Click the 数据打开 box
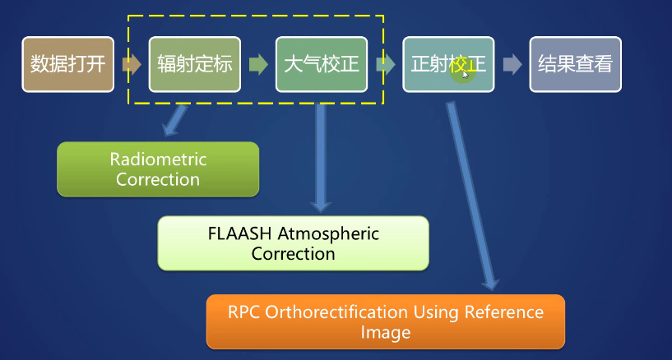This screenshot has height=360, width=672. tap(67, 64)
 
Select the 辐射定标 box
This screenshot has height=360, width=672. tap(194, 64)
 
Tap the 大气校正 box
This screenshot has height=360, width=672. tap(321, 64)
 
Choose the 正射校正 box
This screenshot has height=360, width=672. tap(447, 64)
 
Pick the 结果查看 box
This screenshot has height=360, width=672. tap(575, 64)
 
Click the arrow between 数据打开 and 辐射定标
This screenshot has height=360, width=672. tap(131, 64)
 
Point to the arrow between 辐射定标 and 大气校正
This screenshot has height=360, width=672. tap(257, 64)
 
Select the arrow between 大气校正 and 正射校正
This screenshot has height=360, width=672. tap(384, 64)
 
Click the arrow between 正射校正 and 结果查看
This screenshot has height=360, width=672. tap(512, 64)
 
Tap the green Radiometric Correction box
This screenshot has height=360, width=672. tap(158, 168)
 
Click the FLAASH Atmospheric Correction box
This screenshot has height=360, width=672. tap(293, 243)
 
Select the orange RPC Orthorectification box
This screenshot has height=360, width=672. tap(385, 321)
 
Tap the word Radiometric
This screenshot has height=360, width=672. tap(158, 159)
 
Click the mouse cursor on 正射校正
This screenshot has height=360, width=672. tap(466, 74)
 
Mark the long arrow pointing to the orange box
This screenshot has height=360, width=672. tap(471, 197)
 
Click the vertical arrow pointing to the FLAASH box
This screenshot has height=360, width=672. tap(320, 156)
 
